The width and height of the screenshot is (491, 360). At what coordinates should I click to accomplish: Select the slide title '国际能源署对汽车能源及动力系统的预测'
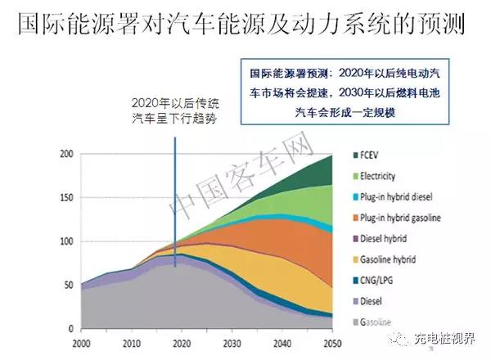click(241, 25)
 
